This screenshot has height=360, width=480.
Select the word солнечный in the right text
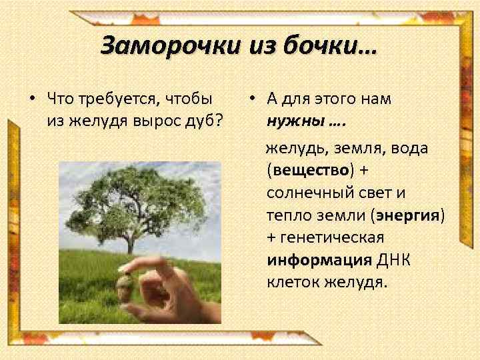tap(306, 193)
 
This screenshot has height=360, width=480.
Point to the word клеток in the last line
tap(292, 281)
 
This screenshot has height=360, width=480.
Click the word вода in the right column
tap(409, 148)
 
